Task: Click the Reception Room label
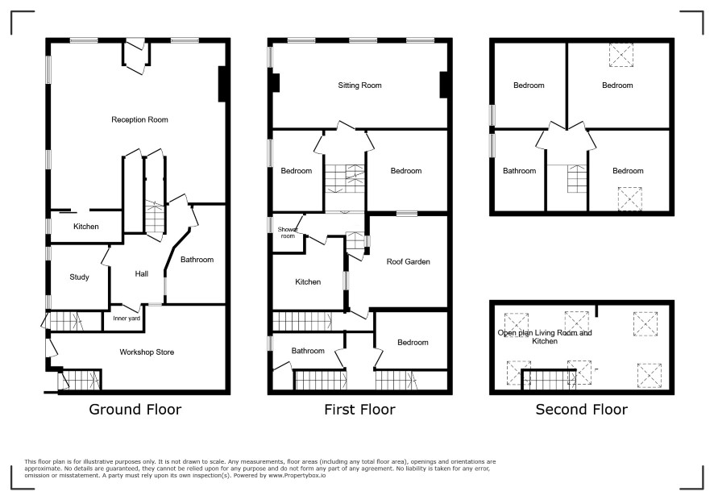click(x=139, y=120)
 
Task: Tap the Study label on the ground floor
click(x=79, y=277)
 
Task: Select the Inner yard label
click(x=127, y=319)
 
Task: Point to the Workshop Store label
click(x=147, y=352)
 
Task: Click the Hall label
click(x=142, y=274)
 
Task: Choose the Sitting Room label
click(x=359, y=85)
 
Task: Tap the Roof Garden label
click(x=408, y=261)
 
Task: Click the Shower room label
click(x=288, y=232)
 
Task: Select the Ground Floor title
click(x=135, y=410)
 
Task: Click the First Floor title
click(x=359, y=410)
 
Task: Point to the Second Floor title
click(x=582, y=410)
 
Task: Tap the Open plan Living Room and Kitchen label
click(x=545, y=337)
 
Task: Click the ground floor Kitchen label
click(x=86, y=227)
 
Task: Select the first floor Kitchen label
click(x=308, y=282)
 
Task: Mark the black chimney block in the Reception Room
click(x=222, y=84)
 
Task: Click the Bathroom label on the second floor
click(x=519, y=171)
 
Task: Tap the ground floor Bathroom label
click(x=197, y=260)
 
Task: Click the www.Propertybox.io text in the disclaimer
click(x=297, y=475)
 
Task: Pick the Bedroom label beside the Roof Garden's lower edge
click(x=413, y=343)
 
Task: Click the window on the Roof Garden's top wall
click(x=407, y=214)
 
